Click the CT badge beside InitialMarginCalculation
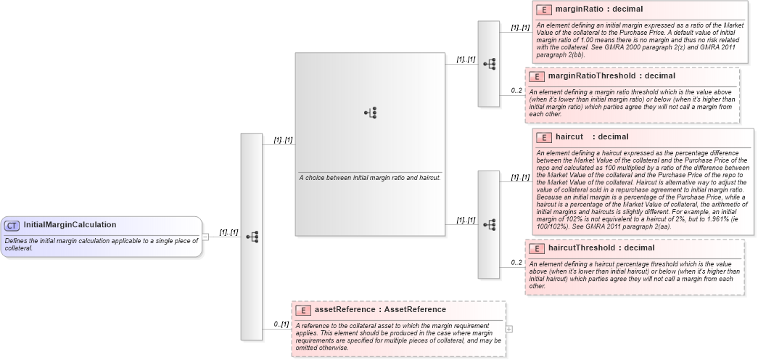12,226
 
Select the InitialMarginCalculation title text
70,225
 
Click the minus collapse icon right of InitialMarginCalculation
205,236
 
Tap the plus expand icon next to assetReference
508,329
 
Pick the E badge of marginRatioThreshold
537,76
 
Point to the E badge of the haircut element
544,137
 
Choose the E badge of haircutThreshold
537,248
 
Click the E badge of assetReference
303,310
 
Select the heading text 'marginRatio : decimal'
588,10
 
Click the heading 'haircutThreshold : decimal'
591,247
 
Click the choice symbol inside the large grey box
370,112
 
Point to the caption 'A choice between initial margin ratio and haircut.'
370,178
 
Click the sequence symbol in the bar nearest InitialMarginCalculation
252,237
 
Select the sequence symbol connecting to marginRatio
489,64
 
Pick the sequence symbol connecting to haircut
489,224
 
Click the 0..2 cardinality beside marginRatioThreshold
516,91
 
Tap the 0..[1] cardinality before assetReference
281,324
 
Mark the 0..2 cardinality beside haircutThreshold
516,263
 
